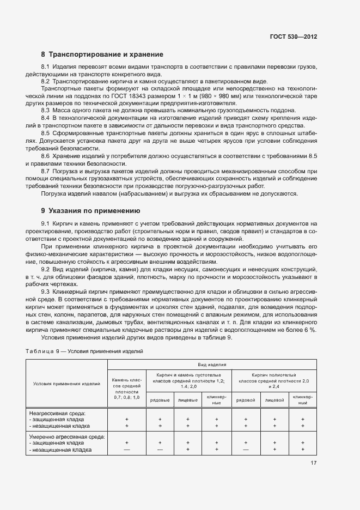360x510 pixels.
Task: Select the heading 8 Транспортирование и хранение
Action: point(102,54)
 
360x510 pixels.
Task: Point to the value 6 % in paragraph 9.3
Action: point(310,330)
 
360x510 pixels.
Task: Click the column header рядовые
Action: point(160,400)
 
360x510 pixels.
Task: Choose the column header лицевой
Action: point(274,400)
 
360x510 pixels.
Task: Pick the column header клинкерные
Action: point(217,400)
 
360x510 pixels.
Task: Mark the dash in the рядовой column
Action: point(246,450)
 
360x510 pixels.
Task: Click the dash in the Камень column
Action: point(126,450)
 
